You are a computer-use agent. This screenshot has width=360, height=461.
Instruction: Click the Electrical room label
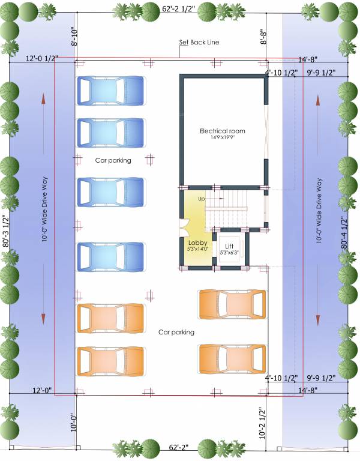point(223,131)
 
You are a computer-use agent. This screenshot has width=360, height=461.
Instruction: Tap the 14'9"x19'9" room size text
point(223,138)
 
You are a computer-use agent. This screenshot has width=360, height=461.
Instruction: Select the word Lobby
point(197,243)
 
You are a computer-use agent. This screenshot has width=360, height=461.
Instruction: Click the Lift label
point(229,246)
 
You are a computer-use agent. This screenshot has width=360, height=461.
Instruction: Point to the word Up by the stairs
point(202,198)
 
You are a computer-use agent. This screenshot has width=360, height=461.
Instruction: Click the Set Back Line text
point(199,43)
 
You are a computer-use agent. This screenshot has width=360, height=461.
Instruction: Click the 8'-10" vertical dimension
point(74,37)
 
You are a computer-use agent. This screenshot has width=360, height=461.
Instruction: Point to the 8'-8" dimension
point(263,40)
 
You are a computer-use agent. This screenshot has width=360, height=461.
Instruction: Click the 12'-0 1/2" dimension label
point(41,59)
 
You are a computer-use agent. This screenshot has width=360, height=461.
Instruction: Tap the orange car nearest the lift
point(232,304)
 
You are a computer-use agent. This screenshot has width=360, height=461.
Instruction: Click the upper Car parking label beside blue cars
point(113,160)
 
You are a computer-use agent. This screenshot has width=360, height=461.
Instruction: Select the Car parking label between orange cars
point(176,332)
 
